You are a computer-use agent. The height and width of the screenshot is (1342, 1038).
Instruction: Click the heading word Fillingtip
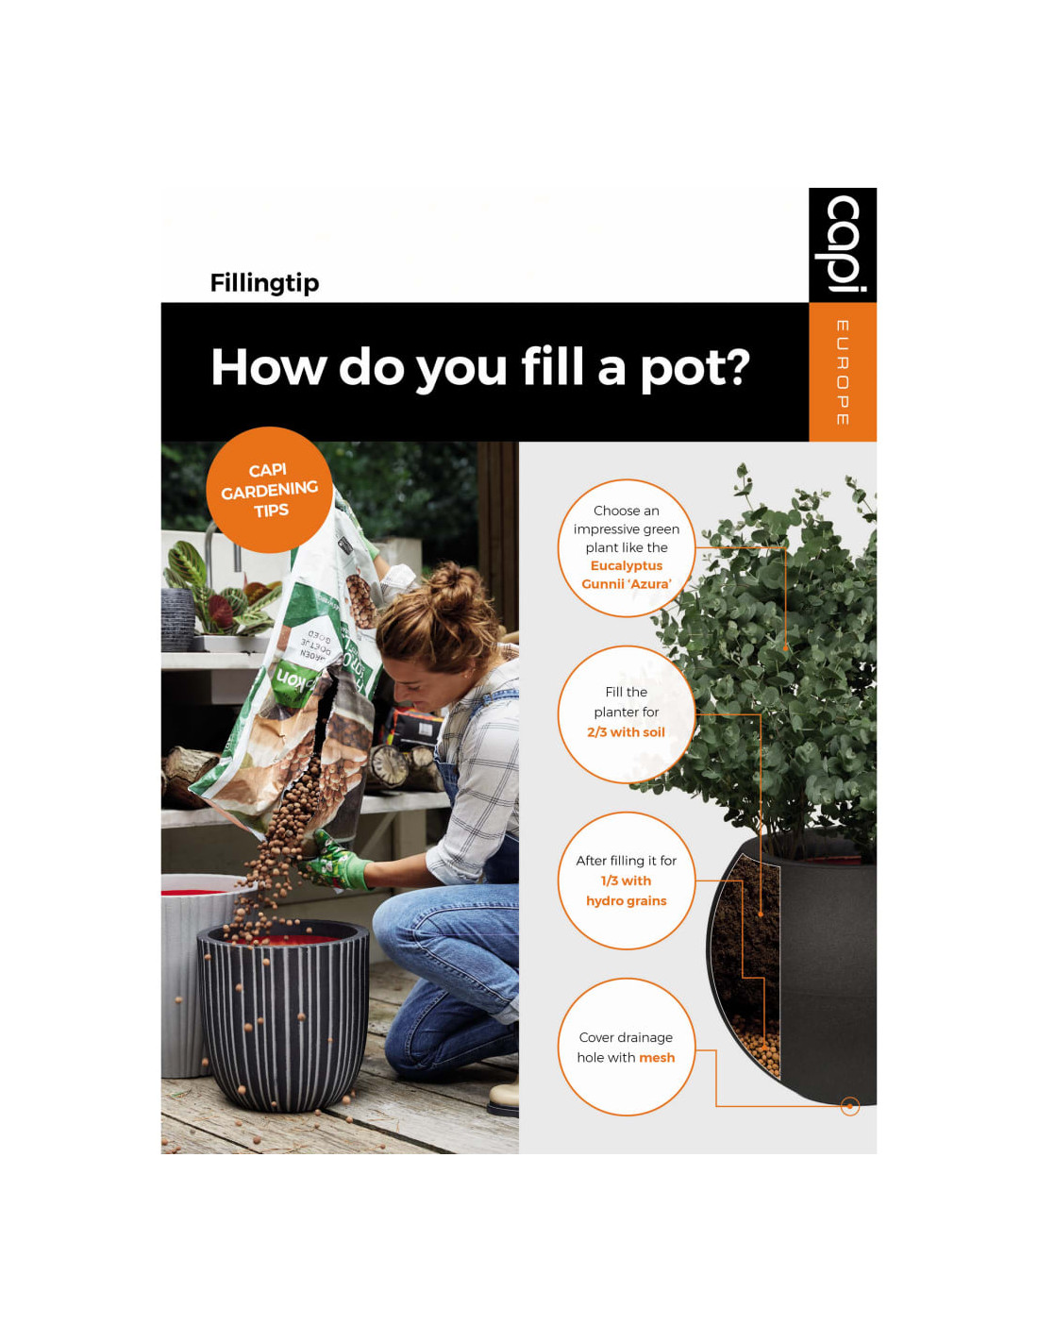264,283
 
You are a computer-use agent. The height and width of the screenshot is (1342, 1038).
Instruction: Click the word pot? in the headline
695,369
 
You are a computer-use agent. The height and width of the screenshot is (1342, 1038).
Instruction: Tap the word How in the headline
268,367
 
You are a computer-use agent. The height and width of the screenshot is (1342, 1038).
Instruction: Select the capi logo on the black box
843,243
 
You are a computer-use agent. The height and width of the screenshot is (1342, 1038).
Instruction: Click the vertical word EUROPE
843,373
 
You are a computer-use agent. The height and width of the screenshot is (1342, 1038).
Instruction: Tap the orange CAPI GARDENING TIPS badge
269,490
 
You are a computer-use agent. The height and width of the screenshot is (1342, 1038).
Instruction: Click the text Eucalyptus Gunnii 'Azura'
627,575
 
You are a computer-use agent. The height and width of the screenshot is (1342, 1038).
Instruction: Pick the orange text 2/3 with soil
626,731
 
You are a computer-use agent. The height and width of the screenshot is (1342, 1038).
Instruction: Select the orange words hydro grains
627,901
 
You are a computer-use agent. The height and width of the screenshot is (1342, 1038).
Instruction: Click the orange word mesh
657,1057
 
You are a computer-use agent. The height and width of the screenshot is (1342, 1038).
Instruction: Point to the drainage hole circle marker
849,1106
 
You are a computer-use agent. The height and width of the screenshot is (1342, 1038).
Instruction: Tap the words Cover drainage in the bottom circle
626,1037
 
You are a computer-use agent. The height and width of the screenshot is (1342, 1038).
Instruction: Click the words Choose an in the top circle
627,511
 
